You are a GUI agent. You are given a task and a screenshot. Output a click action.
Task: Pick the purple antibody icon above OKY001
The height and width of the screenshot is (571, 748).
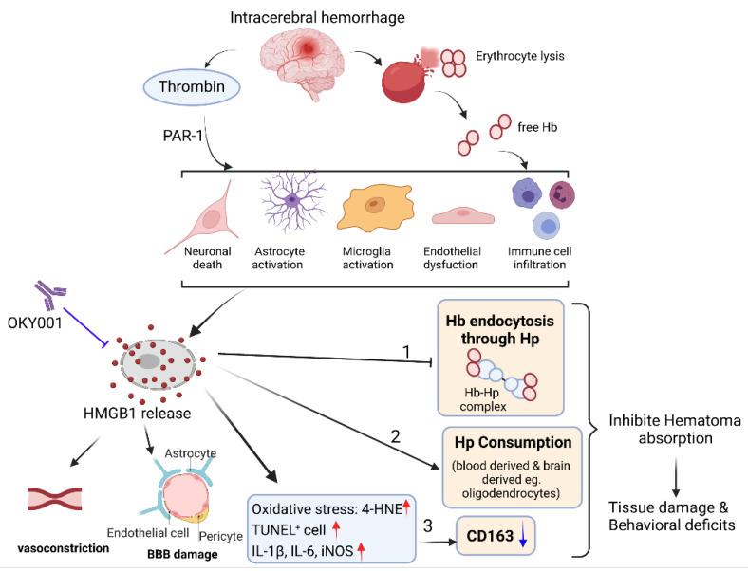click(48, 298)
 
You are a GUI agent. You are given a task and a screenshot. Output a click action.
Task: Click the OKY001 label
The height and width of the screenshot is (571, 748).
click(34, 333)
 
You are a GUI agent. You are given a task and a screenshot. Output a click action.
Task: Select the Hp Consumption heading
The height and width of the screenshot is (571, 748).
click(513, 443)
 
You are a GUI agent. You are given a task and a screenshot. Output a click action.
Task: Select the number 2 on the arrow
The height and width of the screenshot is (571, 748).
click(398, 438)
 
